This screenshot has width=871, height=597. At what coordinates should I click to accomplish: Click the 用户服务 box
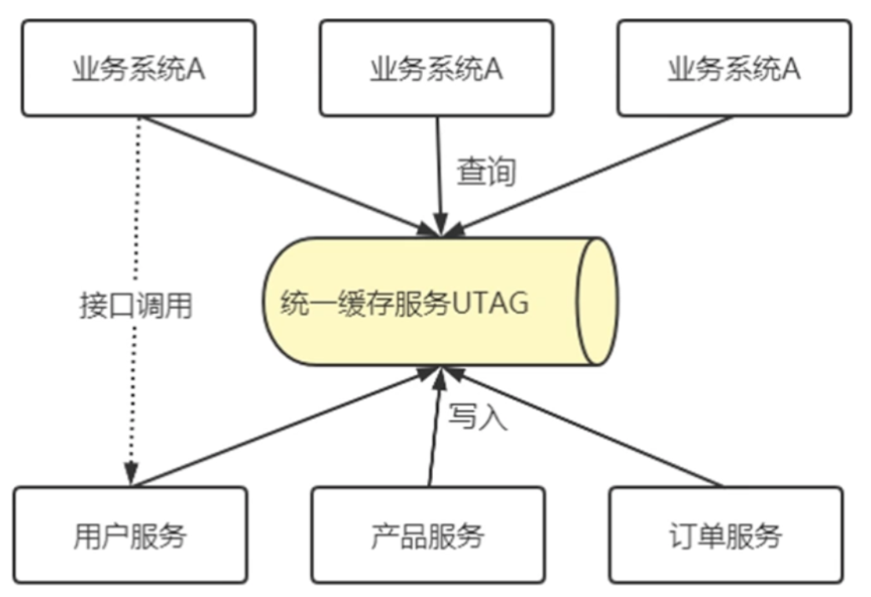(130, 535)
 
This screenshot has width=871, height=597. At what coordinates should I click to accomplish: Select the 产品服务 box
(428, 535)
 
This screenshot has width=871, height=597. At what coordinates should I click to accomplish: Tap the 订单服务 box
(725, 535)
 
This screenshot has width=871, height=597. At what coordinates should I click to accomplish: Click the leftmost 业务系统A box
(138, 68)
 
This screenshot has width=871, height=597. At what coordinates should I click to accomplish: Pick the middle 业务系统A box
(436, 68)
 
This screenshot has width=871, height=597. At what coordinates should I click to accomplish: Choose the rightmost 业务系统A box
(734, 68)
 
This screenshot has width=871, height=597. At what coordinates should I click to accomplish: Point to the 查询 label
(487, 172)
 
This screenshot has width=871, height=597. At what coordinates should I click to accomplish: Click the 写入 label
(478, 416)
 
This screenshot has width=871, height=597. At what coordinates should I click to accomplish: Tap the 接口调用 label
(136, 305)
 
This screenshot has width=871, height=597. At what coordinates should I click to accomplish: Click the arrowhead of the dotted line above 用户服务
(131, 473)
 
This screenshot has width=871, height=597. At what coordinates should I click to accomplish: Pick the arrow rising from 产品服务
(434, 428)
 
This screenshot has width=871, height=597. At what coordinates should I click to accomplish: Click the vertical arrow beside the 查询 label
(439, 173)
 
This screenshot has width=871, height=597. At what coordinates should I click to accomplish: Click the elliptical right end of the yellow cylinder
(598, 301)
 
